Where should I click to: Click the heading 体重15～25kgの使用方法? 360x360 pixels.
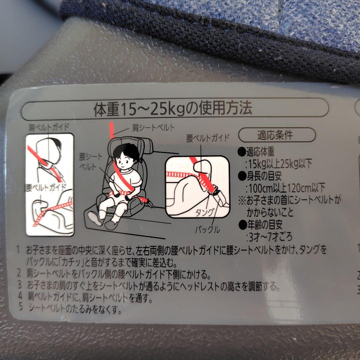point(173,108)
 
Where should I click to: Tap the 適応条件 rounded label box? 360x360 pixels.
point(277,135)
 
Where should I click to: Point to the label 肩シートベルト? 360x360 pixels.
point(153,128)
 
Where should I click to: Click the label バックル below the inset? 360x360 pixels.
point(207,229)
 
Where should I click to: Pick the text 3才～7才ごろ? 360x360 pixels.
point(270,236)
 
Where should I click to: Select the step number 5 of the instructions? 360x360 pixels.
point(21,307)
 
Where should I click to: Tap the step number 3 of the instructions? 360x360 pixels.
point(20,285)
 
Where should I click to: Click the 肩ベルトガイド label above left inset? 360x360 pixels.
point(49,127)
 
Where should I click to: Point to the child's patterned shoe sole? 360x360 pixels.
point(95,218)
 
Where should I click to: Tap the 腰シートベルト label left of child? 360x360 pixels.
point(91,162)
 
